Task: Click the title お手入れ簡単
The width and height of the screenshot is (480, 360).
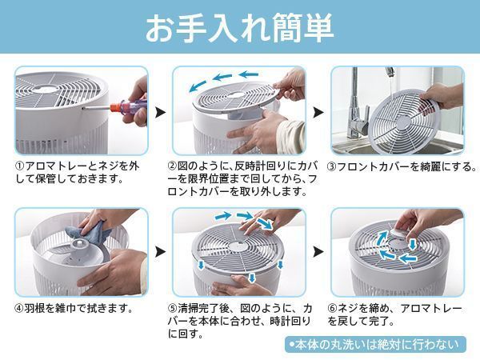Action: pyautogui.click(x=239, y=26)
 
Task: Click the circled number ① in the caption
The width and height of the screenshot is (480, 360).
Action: pyautogui.click(x=20, y=166)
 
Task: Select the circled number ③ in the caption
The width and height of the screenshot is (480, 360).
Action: pyautogui.click(x=332, y=166)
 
